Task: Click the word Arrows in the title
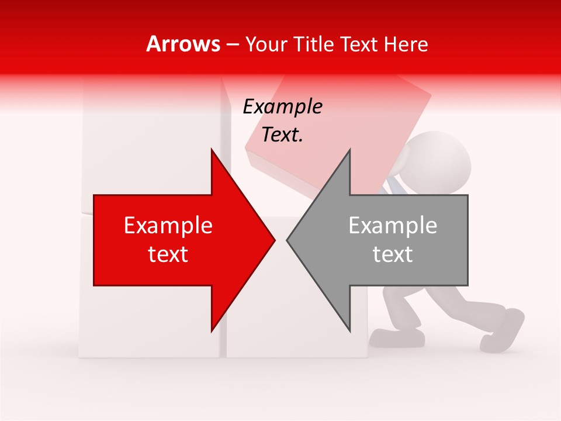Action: (x=183, y=44)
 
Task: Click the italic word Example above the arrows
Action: (x=282, y=106)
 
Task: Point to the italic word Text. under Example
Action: (x=282, y=134)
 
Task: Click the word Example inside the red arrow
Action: (x=168, y=226)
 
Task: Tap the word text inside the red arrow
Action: (x=168, y=254)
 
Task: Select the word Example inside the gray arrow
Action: (x=393, y=226)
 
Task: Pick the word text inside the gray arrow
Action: (x=393, y=254)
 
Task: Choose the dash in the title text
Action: (x=232, y=44)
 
